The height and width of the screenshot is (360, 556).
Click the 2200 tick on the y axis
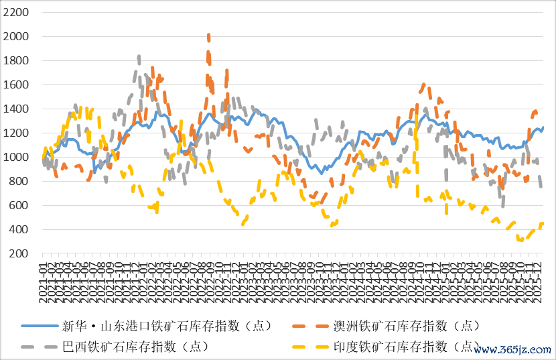point(16,13)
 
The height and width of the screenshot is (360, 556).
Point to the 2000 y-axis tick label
point(16,37)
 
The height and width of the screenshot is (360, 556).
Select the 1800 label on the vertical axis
point(16,61)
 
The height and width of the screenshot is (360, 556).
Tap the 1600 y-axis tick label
point(16,85)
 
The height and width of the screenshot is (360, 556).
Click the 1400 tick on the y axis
point(16,109)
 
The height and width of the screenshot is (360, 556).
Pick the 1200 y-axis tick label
point(16,133)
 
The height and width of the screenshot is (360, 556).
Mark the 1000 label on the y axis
point(16,158)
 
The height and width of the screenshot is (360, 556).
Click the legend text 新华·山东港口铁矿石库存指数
point(167,326)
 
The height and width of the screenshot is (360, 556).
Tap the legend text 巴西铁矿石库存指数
point(135,347)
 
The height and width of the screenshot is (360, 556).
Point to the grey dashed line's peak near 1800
point(139,58)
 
